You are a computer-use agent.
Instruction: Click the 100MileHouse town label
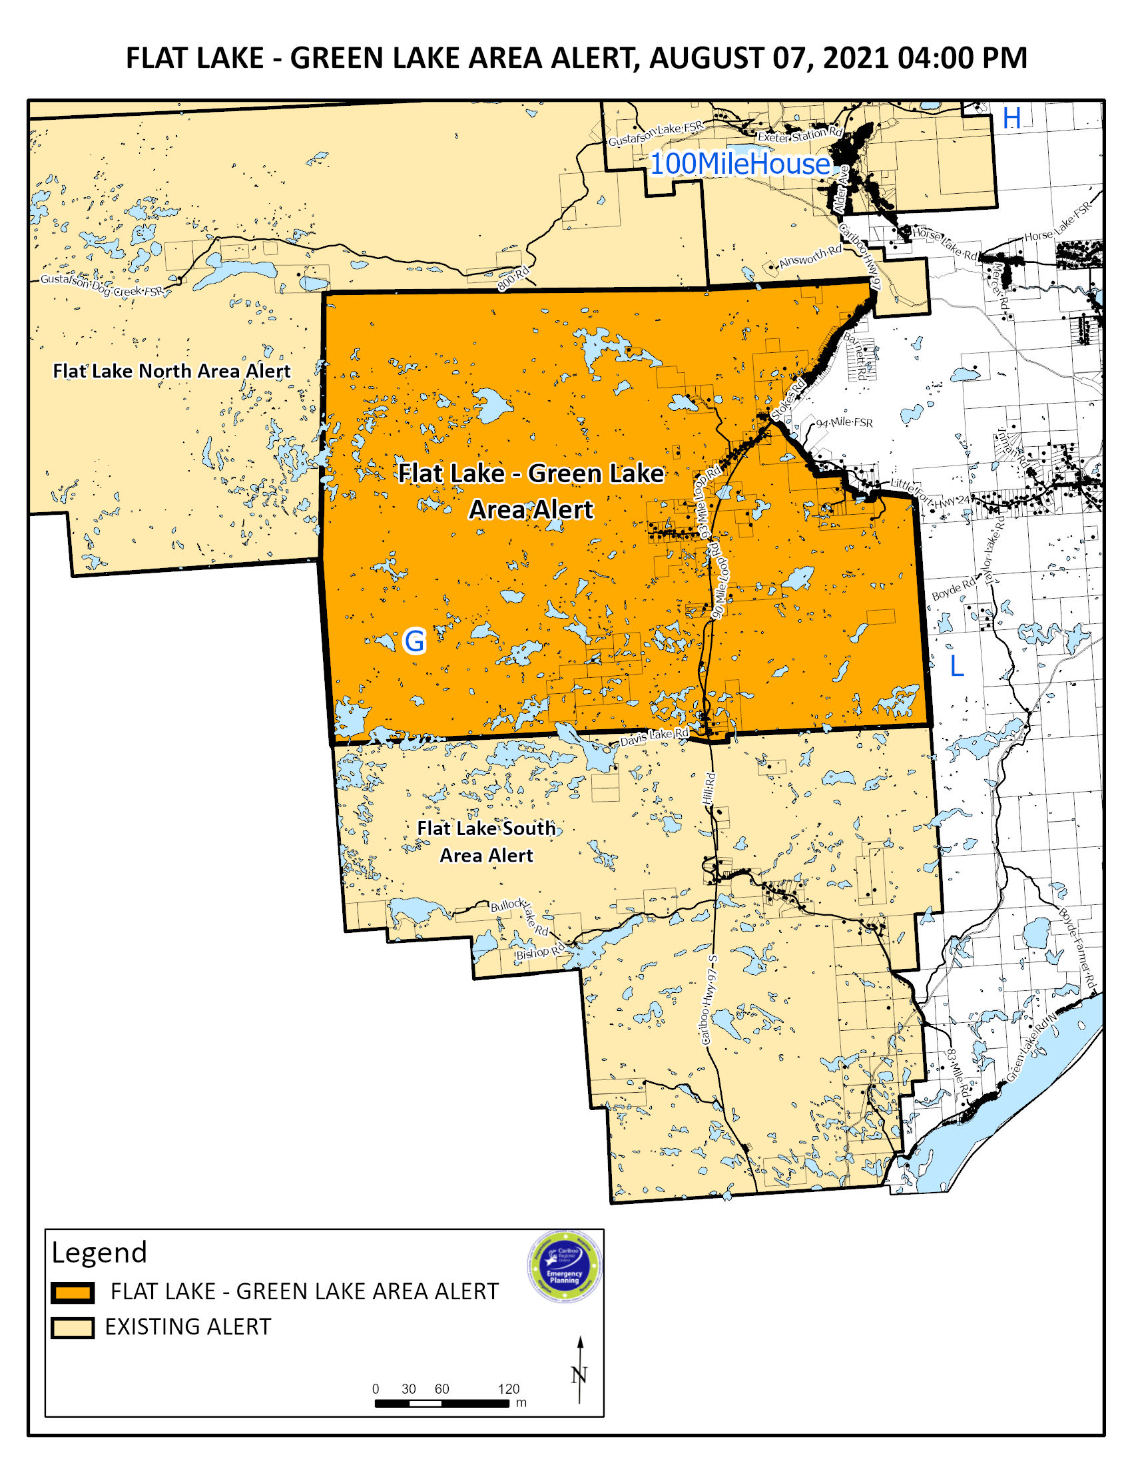(740, 164)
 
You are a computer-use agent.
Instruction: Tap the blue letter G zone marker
(414, 641)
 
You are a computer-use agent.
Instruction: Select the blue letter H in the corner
(1011, 119)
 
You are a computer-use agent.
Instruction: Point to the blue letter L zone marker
(956, 666)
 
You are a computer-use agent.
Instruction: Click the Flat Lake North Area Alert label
(172, 371)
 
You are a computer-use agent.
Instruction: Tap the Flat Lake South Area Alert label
(486, 842)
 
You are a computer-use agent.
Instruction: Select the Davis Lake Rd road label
(654, 736)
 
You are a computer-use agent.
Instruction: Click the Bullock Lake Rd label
(520, 915)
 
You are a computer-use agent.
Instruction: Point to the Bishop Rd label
(540, 951)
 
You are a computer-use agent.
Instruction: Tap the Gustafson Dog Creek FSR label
(101, 286)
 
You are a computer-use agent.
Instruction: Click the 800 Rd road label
(513, 278)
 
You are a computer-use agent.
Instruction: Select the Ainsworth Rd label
(810, 257)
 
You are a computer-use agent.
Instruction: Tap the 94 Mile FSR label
(844, 423)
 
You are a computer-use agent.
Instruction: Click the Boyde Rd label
(954, 589)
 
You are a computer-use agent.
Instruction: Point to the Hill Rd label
(709, 788)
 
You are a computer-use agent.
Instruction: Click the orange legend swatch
(73, 1293)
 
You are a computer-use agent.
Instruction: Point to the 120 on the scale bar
(508, 1388)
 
